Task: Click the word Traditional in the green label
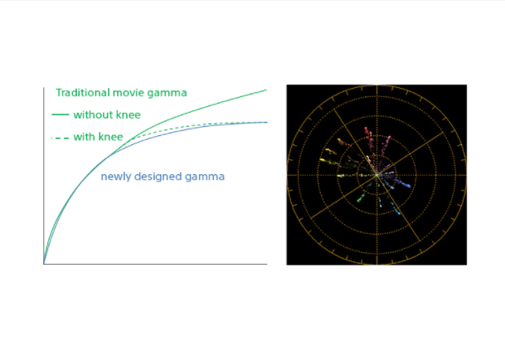[x=83, y=93]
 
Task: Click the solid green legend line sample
[x=61, y=114]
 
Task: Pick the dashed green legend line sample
[x=61, y=138]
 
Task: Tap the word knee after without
[x=128, y=114]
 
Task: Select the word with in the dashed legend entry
[x=84, y=137]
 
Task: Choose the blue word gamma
[x=205, y=178]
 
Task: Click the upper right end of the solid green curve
[x=266, y=90]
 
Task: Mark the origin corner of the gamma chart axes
[x=44, y=264]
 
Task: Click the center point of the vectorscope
[x=376, y=175]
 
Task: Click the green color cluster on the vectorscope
[x=361, y=198]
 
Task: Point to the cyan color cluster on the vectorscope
[x=396, y=210]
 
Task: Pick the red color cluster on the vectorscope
[x=367, y=132]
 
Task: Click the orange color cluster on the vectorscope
[x=340, y=141]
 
